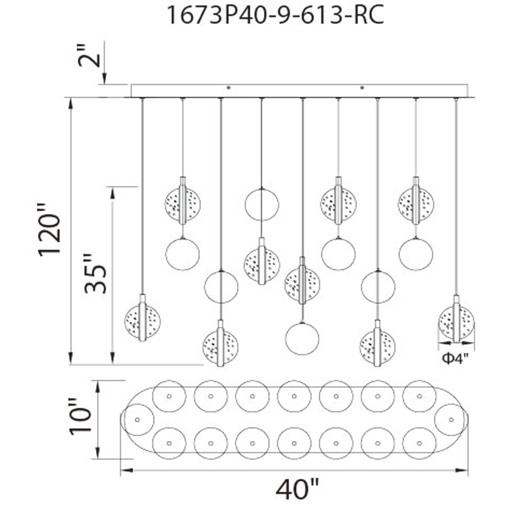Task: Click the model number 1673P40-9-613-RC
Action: (275, 15)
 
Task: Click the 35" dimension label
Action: (96, 274)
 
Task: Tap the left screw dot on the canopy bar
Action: (229, 88)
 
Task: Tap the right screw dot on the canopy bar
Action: (363, 88)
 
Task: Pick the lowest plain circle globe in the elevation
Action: (302, 339)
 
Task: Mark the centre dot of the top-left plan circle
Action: (169, 396)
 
